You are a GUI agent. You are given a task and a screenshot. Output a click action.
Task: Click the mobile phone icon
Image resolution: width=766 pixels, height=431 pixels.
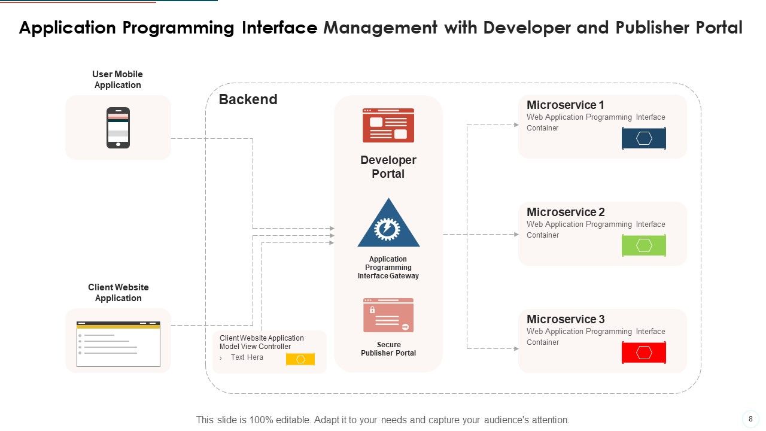pos(118,128)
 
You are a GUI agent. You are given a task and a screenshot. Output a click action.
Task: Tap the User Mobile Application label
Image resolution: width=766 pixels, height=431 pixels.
pos(117,80)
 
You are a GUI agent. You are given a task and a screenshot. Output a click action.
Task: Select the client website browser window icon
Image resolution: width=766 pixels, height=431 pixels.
pos(118,344)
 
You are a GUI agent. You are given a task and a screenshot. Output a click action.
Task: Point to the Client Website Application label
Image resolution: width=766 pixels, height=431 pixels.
pos(118,293)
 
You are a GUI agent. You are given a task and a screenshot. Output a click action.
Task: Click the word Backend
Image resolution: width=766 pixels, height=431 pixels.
pos(248,99)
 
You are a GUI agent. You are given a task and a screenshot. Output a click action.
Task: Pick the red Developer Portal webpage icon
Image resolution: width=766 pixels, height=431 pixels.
pos(388,125)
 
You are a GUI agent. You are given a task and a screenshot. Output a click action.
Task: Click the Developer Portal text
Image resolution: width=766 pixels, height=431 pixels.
pos(388,167)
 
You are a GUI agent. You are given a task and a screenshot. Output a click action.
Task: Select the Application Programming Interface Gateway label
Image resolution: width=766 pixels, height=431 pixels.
pos(388,268)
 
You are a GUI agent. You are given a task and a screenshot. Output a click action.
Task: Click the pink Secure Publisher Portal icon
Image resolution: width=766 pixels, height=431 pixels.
pos(388,315)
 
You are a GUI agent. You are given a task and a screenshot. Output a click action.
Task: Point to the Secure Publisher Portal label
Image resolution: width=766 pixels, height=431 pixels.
pos(388,349)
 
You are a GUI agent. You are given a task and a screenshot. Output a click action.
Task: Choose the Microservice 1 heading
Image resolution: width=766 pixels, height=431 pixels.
pos(566,105)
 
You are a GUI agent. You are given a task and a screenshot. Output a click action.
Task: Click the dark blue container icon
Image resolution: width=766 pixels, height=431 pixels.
pos(644,138)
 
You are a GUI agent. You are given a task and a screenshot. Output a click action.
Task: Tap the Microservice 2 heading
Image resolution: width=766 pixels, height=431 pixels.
pos(566,212)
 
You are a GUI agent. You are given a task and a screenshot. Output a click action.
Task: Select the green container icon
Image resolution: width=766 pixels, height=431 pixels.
pos(644,245)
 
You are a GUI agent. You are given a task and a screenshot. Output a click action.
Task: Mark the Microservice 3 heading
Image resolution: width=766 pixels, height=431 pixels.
pos(566,319)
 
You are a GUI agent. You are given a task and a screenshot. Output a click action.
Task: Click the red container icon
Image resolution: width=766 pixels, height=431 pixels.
pos(644,353)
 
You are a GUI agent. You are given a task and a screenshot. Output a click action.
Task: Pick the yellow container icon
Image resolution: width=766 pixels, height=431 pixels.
pos(300,359)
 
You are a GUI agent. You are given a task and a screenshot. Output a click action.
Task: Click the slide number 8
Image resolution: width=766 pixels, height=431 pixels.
pos(750,418)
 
